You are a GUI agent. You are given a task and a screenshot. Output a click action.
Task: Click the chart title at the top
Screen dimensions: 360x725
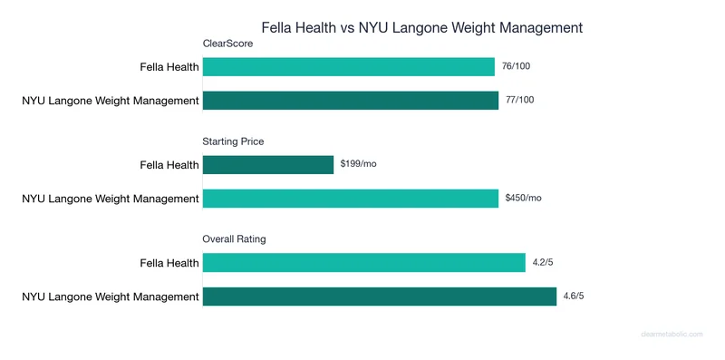point(421,27)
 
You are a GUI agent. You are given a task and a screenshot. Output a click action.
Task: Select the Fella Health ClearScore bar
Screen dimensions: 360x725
point(348,67)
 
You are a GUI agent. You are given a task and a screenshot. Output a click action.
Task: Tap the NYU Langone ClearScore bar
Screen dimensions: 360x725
point(350,100)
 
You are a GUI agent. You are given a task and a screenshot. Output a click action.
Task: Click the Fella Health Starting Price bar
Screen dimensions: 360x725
point(268,165)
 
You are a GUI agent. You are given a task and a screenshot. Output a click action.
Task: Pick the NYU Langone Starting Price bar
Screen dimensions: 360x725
point(350,198)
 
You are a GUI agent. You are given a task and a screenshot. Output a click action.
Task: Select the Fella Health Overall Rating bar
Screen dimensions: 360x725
point(363,263)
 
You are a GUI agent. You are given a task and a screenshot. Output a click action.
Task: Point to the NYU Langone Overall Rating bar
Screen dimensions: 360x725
point(379,297)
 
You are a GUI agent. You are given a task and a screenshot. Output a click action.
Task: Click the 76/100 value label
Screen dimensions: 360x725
point(517,66)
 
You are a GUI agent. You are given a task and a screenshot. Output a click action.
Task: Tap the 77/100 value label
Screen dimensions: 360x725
point(520,99)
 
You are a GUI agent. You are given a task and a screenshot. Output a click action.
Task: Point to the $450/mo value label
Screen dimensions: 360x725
point(524,198)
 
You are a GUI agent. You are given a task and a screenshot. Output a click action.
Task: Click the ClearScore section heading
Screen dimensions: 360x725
point(227,43)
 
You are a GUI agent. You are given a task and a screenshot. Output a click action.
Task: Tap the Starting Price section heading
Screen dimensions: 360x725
point(233,141)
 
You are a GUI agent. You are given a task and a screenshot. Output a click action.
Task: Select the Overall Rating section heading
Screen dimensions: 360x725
point(233,238)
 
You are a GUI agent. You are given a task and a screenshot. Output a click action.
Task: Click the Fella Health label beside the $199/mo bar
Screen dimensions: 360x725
point(169,165)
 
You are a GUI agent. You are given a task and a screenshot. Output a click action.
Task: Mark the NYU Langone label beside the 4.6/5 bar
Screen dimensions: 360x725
point(111,297)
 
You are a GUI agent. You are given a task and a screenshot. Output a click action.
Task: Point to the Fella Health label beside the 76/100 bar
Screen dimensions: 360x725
point(169,67)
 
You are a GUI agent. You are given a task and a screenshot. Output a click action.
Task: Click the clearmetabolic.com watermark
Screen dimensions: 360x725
point(672,334)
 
